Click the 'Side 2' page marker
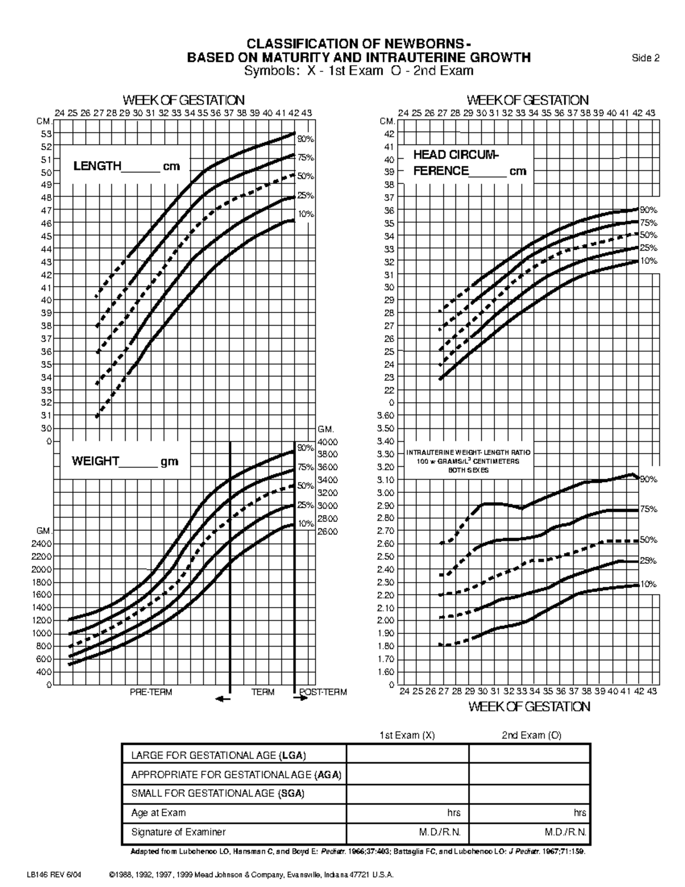pos(645,58)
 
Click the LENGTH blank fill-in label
pos(126,167)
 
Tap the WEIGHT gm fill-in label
pos(124,461)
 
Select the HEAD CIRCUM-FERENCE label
pos(469,163)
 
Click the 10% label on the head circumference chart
pos(648,261)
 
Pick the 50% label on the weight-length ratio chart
pos(648,540)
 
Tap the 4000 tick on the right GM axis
pos(328,442)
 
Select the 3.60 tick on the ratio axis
pos(385,416)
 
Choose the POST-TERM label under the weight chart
pos(323,692)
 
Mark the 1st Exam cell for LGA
pos(408,755)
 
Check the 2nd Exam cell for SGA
pos(529,793)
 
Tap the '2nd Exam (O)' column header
pos(531,736)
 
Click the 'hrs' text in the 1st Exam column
pos(454,813)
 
